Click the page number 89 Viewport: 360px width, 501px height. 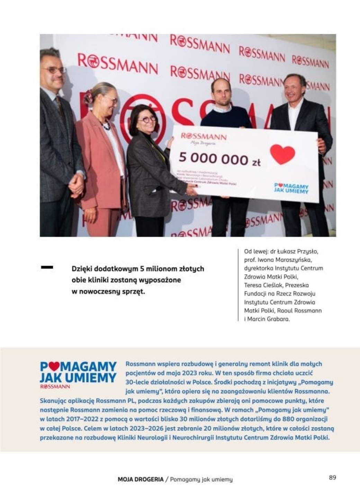[x=332, y=477]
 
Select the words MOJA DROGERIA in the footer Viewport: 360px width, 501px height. [x=141, y=480]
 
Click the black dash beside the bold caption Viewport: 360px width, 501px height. [x=47, y=267]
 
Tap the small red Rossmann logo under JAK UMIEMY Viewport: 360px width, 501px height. [x=55, y=386]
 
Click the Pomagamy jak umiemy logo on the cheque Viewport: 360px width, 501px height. [x=290, y=188]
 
